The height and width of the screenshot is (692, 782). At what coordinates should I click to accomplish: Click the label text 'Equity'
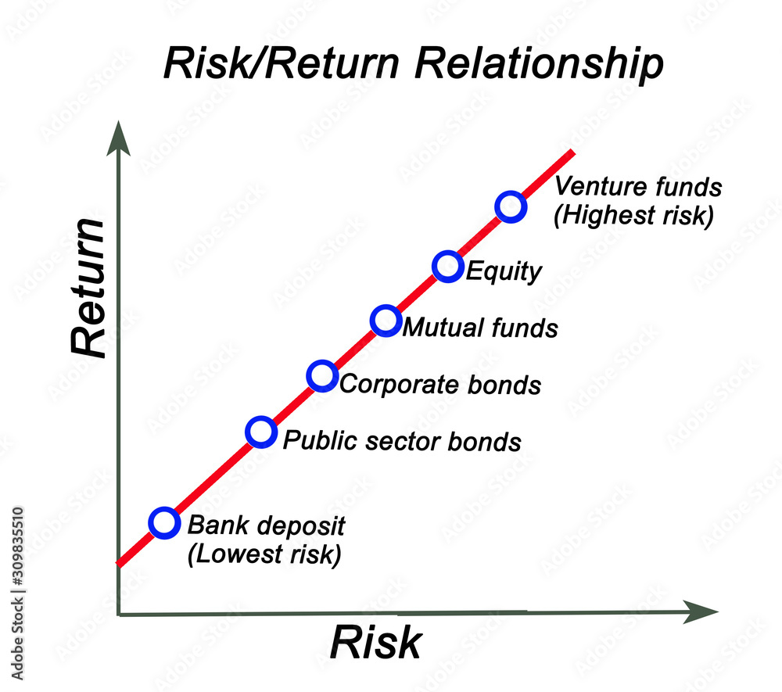(504, 271)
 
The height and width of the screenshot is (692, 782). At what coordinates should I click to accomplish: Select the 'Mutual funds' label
(480, 328)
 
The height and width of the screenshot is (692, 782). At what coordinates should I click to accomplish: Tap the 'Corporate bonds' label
(440, 385)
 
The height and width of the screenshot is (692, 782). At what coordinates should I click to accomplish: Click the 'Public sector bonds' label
(402, 441)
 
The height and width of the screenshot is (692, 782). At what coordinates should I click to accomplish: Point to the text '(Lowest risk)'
(264, 554)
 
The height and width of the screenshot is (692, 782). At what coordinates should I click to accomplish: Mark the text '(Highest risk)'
(634, 215)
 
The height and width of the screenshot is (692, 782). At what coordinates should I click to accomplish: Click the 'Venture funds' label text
(638, 186)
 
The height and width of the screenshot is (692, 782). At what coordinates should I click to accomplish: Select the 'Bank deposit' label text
(267, 526)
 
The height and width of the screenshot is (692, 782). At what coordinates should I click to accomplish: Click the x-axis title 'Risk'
(376, 643)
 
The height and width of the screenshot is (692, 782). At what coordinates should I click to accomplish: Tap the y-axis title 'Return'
(88, 288)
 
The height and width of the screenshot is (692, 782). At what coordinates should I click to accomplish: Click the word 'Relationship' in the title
(539, 64)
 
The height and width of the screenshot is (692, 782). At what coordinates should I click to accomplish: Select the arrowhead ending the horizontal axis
(701, 611)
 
